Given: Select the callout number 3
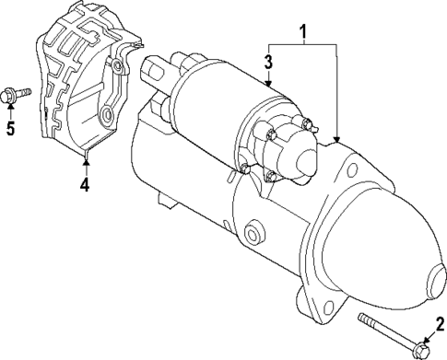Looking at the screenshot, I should pos(268,63).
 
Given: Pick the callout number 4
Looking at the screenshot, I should pos(85,184).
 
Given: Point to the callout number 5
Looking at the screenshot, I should pos(11,127).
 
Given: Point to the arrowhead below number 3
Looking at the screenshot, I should pos(268,84).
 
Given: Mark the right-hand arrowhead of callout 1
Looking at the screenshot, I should pos(337,140).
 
